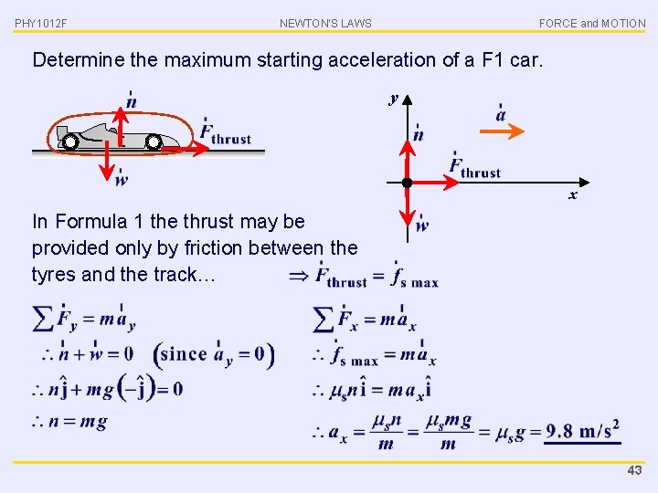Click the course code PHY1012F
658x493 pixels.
[41, 23]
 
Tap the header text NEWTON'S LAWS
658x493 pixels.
[325, 23]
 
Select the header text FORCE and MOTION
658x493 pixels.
[591, 23]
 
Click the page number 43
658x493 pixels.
[634, 470]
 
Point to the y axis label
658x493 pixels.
[394, 98]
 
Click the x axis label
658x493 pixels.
[573, 195]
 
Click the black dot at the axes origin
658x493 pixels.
[408, 183]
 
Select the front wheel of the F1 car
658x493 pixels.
[154, 142]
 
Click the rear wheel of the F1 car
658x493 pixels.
[70, 142]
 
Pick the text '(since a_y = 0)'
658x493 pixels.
[214, 353]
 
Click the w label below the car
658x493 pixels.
[122, 179]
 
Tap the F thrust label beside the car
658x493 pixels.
[226, 135]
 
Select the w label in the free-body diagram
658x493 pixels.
[421, 226]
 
